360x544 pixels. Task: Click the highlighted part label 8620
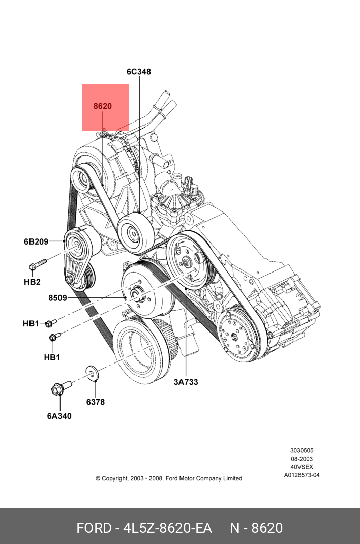[x=102, y=106]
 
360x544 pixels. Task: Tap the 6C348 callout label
[x=138, y=72]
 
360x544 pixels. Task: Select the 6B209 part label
[x=36, y=241]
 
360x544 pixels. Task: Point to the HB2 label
[x=32, y=282]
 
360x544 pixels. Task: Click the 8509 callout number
[x=57, y=298]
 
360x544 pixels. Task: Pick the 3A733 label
[x=186, y=382]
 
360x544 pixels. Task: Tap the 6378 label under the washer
[x=95, y=402]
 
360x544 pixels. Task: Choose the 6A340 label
[x=59, y=416]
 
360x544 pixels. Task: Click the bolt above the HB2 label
[x=37, y=264]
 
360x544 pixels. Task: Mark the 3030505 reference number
[x=302, y=450]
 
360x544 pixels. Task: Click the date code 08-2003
[x=302, y=459]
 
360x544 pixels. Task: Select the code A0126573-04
[x=302, y=475]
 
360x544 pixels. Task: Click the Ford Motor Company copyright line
[x=169, y=478]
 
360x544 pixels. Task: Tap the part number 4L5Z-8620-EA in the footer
[x=167, y=528]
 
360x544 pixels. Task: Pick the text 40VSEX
[x=302, y=467]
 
